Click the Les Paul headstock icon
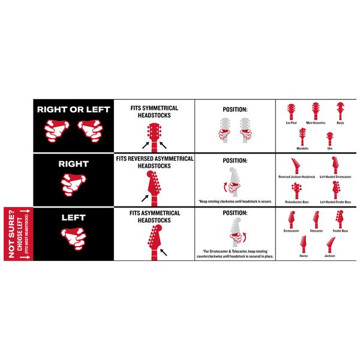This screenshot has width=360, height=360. tap(291, 112)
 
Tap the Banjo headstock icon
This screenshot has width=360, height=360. tap(340, 111)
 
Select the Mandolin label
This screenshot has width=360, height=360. tap(302, 148)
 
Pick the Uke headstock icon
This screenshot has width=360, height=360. tap(330, 139)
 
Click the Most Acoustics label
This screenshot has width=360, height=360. tap(316, 123)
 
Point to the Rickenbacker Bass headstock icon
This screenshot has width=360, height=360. tap(296, 191)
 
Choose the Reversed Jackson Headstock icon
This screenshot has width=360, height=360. tap(296, 166)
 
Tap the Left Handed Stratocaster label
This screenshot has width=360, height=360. tap(335, 177)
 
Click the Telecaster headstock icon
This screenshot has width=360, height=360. tap(316, 220)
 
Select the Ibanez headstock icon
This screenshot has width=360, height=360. tap(303, 244)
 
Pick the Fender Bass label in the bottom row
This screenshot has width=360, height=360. tap(340, 231)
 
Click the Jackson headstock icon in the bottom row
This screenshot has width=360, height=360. tap(331, 245)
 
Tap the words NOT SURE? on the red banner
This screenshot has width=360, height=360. tap(11, 234)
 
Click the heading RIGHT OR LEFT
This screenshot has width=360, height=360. tap(73, 110)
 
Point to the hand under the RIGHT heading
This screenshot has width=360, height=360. tap(73, 185)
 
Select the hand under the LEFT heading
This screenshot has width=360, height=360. tap(73, 239)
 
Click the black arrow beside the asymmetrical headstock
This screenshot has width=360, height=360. tap(163, 253)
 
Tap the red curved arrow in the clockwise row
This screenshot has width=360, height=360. tap(226, 187)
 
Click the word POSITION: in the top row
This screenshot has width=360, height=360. tap(235, 110)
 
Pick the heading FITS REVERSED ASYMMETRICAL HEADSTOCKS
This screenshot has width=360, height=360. tap(155, 163)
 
